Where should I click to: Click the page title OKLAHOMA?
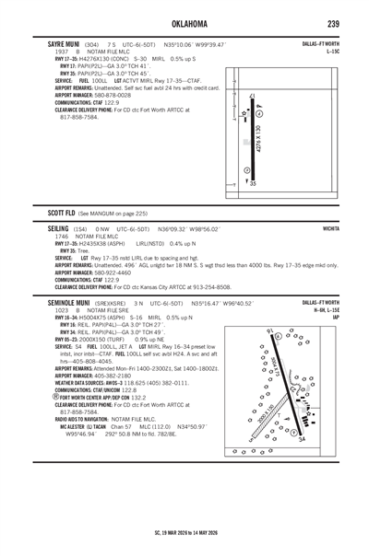pyautogui.click(x=184, y=23)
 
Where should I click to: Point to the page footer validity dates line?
pyautogui.click(x=184, y=533)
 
